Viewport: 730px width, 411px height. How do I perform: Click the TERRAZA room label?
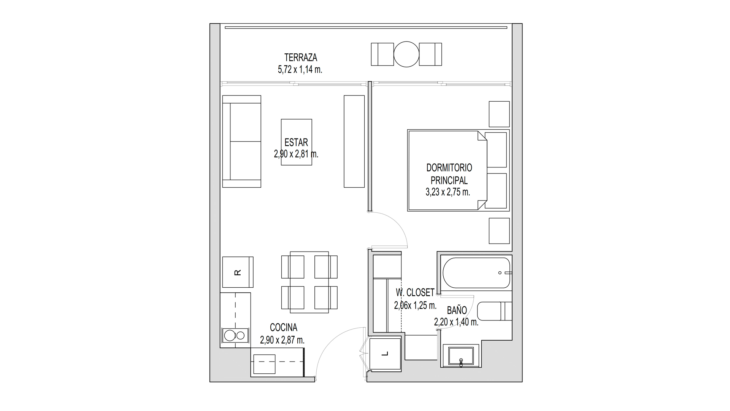300,57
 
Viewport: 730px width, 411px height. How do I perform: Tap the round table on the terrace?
406,54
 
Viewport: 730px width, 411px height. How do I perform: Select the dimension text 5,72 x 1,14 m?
300,70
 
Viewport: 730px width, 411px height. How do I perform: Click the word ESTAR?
296,143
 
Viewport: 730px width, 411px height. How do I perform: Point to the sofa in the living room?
242,141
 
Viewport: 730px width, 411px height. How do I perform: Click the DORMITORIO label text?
449,168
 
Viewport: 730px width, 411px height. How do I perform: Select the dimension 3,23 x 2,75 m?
448,192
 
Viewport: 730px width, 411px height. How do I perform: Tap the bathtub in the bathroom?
476,273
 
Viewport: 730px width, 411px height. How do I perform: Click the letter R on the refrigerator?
238,272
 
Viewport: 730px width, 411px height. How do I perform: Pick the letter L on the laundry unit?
385,354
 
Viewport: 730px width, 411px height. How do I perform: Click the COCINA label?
284,328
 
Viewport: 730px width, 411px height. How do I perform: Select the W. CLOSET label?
415,293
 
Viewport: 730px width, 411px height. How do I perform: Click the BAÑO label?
457,311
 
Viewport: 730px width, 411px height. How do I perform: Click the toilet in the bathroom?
494,311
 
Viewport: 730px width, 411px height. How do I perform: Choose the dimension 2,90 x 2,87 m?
282,340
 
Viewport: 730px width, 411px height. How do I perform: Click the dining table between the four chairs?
309,282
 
